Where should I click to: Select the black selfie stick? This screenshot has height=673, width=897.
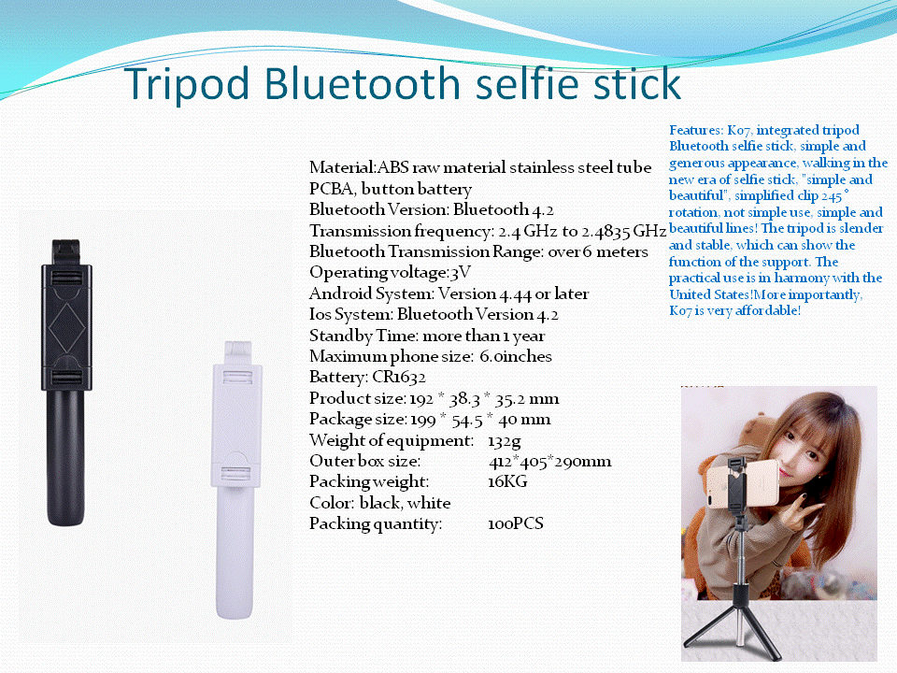click(x=66, y=382)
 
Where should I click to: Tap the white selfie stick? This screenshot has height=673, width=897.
click(x=236, y=480)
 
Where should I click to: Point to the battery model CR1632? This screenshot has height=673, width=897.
click(x=399, y=377)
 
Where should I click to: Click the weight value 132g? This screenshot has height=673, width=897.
click(x=504, y=441)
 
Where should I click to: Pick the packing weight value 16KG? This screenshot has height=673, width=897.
click(x=507, y=481)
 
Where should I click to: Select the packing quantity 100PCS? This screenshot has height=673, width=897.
click(x=516, y=523)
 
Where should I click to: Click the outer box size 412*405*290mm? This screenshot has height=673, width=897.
click(x=549, y=461)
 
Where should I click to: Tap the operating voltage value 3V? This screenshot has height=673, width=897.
click(x=461, y=272)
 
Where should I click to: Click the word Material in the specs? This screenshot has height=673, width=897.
click(x=342, y=167)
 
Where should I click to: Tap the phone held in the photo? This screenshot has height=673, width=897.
click(x=743, y=483)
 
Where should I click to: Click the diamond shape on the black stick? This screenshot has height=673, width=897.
click(x=66, y=328)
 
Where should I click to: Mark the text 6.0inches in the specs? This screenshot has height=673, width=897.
click(x=516, y=356)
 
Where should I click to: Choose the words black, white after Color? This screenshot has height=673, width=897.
click(x=405, y=503)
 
